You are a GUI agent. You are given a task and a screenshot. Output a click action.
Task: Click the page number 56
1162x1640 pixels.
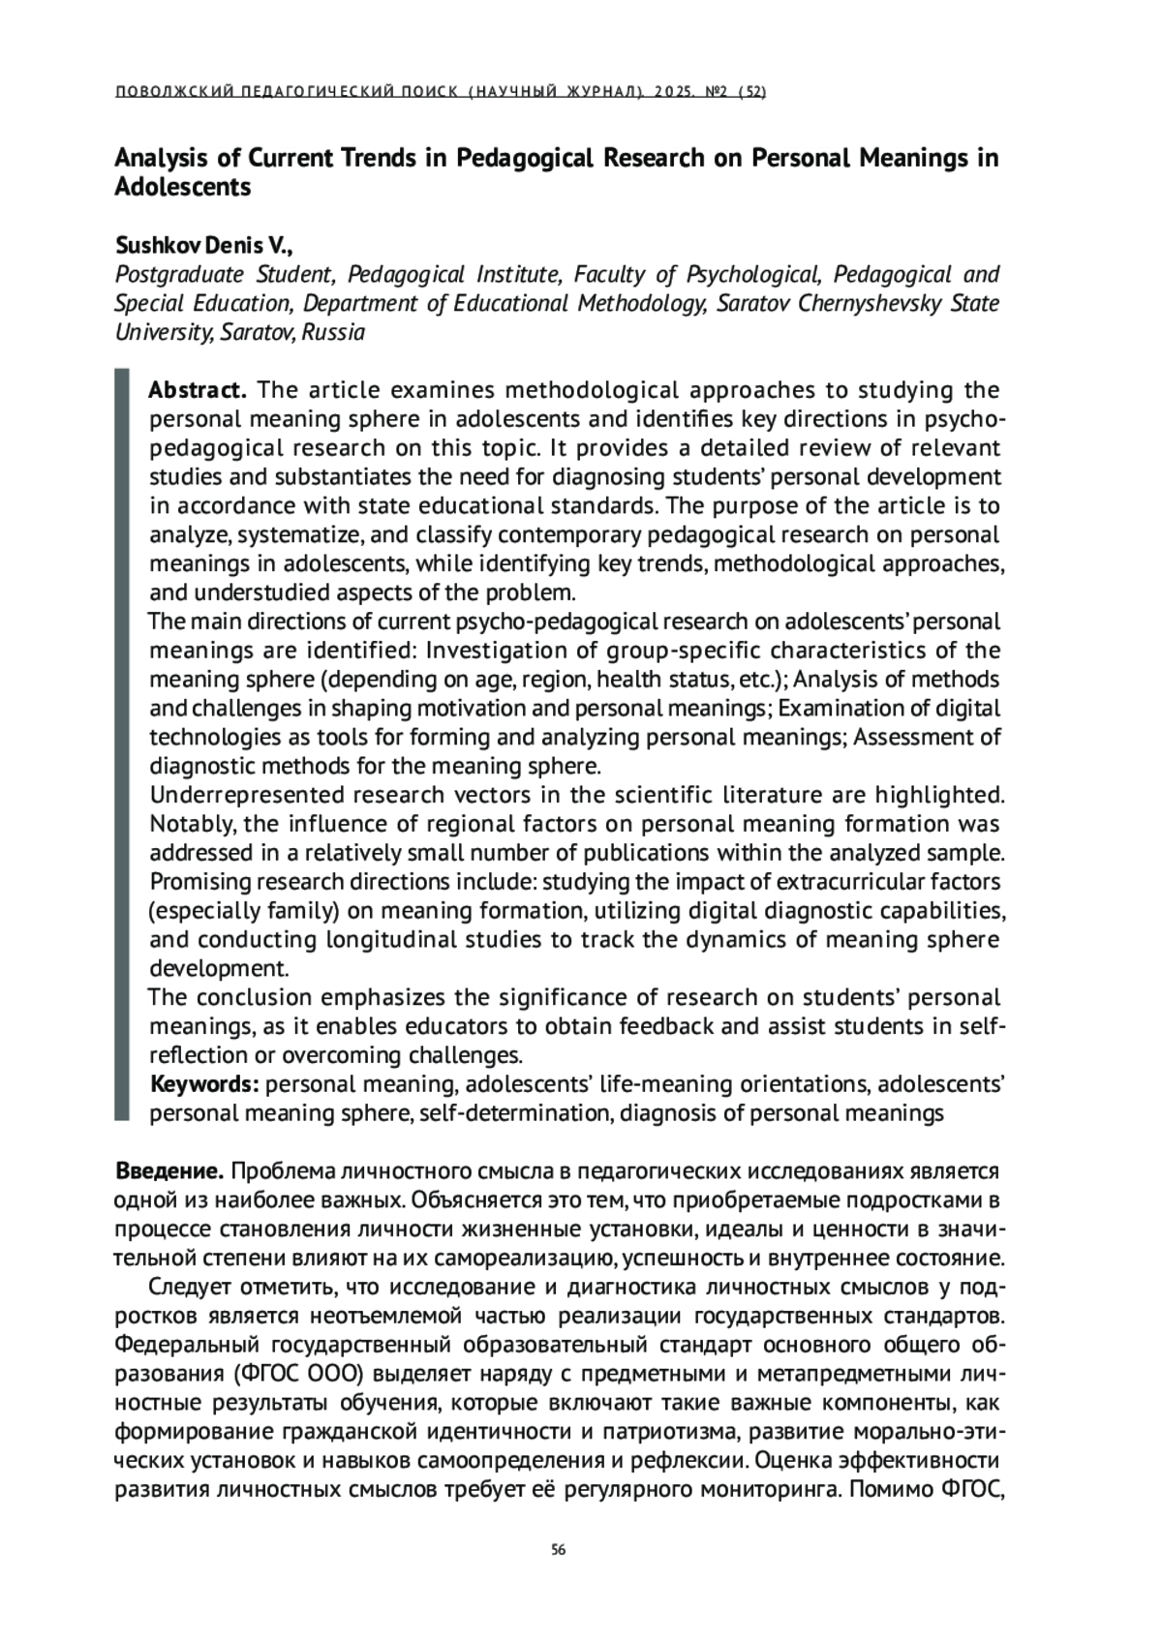pyautogui.click(x=558, y=1550)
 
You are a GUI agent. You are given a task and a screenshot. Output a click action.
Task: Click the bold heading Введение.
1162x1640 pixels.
pyautogui.click(x=169, y=1171)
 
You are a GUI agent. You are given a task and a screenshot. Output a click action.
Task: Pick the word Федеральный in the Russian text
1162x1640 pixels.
pyautogui.click(x=187, y=1346)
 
